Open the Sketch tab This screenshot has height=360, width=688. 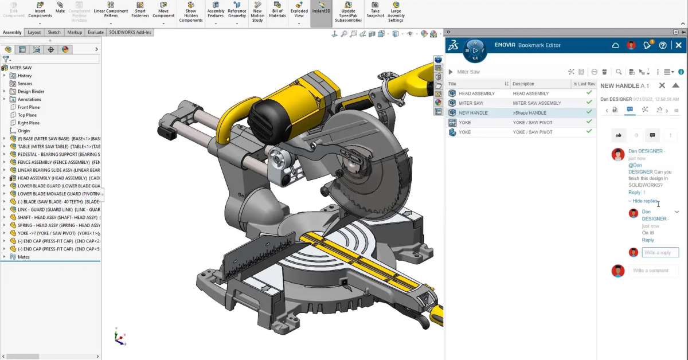click(x=54, y=32)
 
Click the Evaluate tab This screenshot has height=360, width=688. click(x=95, y=32)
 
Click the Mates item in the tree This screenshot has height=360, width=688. click(x=24, y=257)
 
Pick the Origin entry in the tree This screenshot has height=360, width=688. click(x=24, y=131)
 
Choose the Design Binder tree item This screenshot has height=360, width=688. click(x=31, y=91)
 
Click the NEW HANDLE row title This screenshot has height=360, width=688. click(x=473, y=113)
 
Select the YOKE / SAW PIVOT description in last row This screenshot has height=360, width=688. click(x=533, y=132)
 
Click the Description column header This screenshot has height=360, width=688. click(x=523, y=84)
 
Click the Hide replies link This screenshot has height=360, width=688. click(x=645, y=201)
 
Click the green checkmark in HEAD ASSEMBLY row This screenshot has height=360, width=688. click(x=589, y=93)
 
